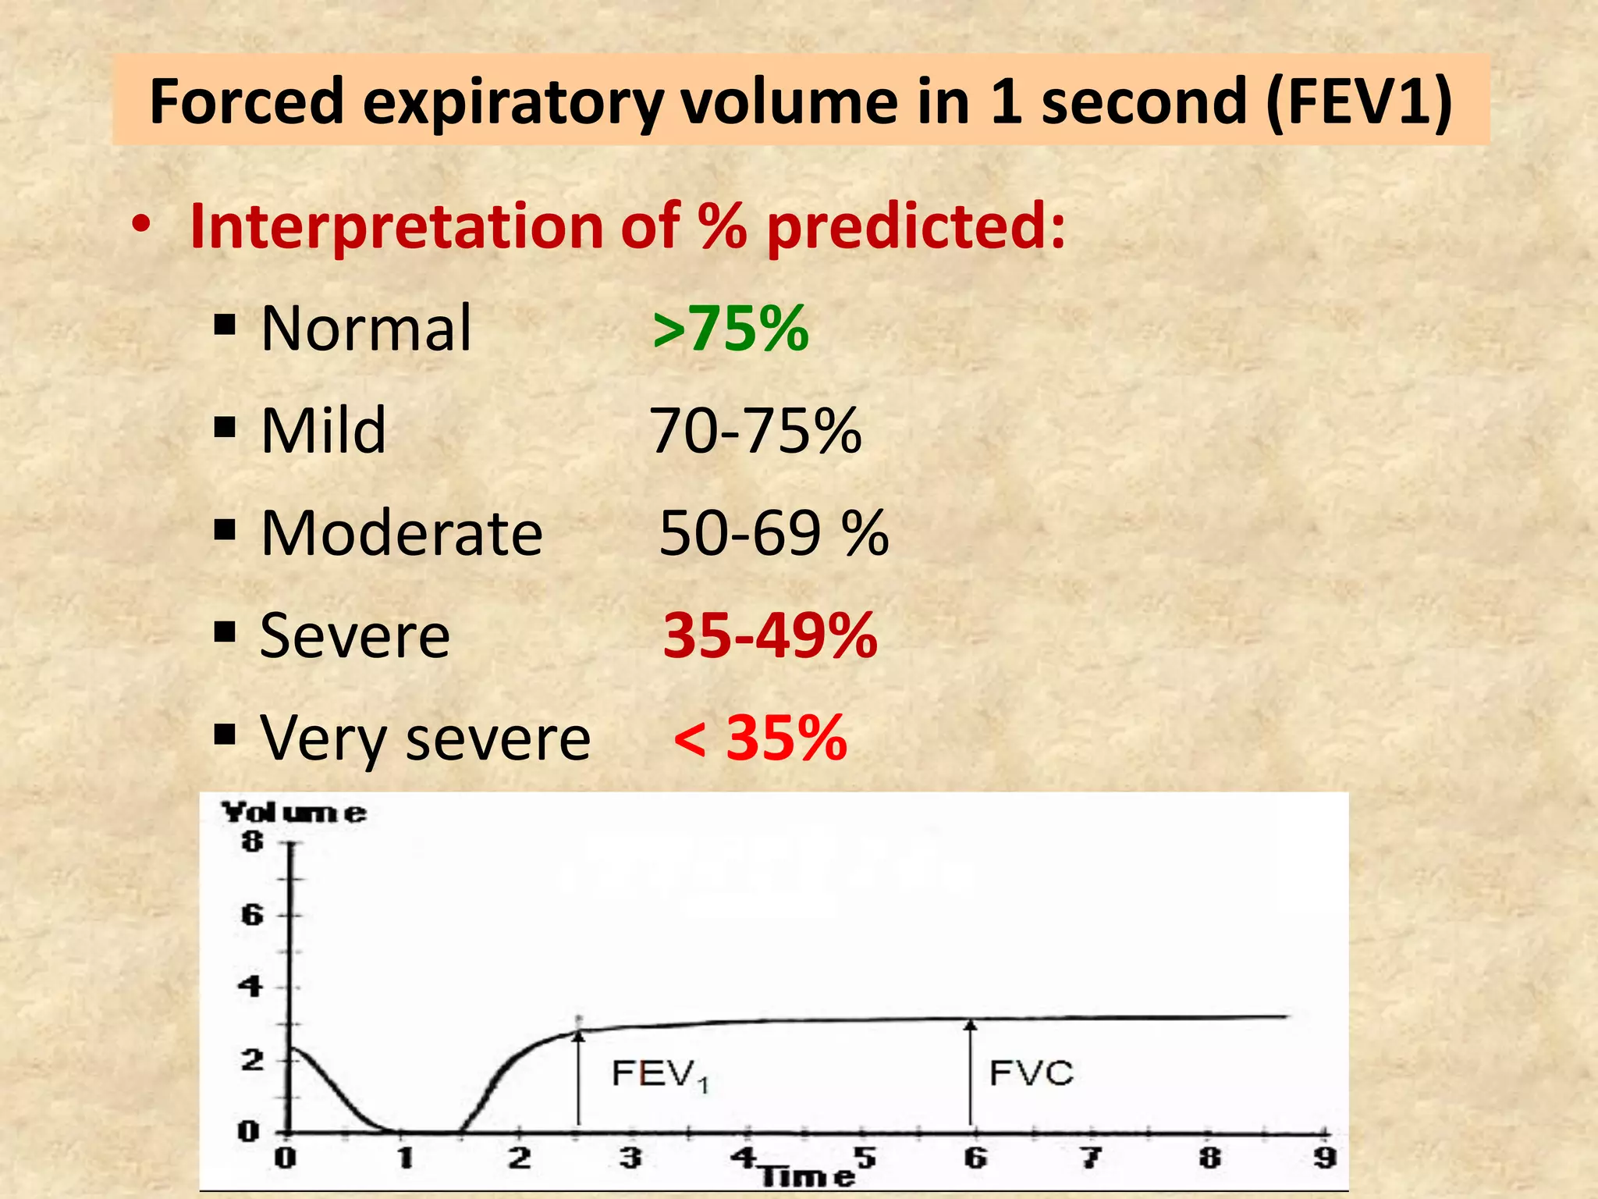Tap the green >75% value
click(730, 329)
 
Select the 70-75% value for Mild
click(755, 431)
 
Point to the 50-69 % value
click(773, 533)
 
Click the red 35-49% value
click(770, 635)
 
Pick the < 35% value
click(760, 738)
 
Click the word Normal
click(366, 329)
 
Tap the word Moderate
click(401, 533)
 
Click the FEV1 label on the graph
click(659, 1075)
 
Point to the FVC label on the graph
click(1031, 1073)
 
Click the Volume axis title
click(293, 813)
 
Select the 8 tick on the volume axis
click(252, 841)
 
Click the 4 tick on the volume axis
click(250, 987)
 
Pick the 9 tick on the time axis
click(1324, 1157)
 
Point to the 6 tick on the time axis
click(975, 1157)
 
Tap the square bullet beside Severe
click(225, 632)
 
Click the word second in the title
click(1143, 102)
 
